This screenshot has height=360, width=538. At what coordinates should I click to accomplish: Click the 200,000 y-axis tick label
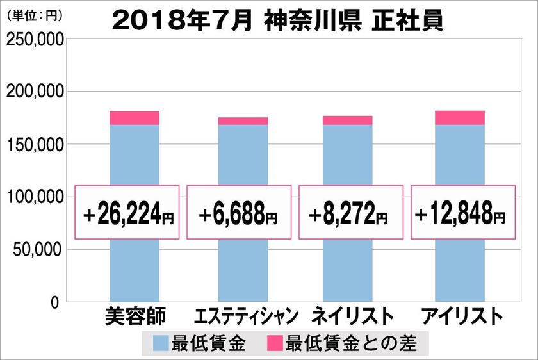pyautogui.click(x=35, y=92)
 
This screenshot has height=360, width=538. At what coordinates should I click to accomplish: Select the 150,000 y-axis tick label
pyautogui.click(x=35, y=145)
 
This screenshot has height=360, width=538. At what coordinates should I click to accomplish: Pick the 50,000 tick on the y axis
pyautogui.click(x=38, y=249)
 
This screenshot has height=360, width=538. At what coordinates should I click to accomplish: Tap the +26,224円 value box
pyautogui.click(x=128, y=213)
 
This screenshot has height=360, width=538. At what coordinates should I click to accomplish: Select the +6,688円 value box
pyautogui.click(x=239, y=213)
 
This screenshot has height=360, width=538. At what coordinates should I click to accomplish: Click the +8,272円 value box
pyautogui.click(x=350, y=213)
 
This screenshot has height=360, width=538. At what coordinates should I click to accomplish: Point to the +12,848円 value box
pyautogui.click(x=462, y=213)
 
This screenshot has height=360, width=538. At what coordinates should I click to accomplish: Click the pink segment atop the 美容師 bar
pyautogui.click(x=134, y=118)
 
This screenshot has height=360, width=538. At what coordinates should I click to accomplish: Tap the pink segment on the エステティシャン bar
pyautogui.click(x=243, y=121)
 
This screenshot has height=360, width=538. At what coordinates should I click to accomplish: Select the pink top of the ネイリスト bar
pyautogui.click(x=347, y=120)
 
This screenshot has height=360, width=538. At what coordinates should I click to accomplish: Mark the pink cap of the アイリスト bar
pyautogui.click(x=459, y=118)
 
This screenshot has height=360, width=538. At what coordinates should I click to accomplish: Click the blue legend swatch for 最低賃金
pyautogui.click(x=161, y=343)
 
